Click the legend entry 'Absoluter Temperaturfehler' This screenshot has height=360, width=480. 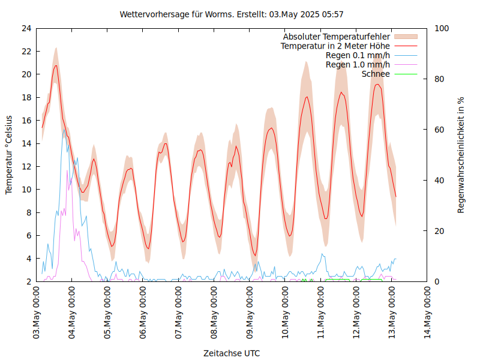[x=337, y=37]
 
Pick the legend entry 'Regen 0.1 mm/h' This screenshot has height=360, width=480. [x=358, y=55]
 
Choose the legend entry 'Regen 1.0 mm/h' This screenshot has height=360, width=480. [x=358, y=64]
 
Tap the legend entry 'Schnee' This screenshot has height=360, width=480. [x=376, y=74]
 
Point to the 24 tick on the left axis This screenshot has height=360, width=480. [x=26, y=28]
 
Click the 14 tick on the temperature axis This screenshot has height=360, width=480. [x=26, y=143]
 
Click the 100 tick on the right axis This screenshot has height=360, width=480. [x=442, y=28]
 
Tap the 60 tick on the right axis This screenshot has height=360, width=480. [x=440, y=130]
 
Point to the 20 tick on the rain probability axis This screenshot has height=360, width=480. [x=440, y=231]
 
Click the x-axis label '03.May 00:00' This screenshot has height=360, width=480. [x=37, y=313]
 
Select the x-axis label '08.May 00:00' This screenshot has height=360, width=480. [x=214, y=313]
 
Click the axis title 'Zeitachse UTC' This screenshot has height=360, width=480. [x=232, y=353]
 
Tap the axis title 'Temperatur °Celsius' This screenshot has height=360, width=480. [x=9, y=154]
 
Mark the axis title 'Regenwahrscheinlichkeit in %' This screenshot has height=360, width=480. [x=461, y=155]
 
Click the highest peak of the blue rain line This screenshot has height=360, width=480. [x=64, y=130]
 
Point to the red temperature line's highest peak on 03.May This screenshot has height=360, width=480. [x=56, y=65]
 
